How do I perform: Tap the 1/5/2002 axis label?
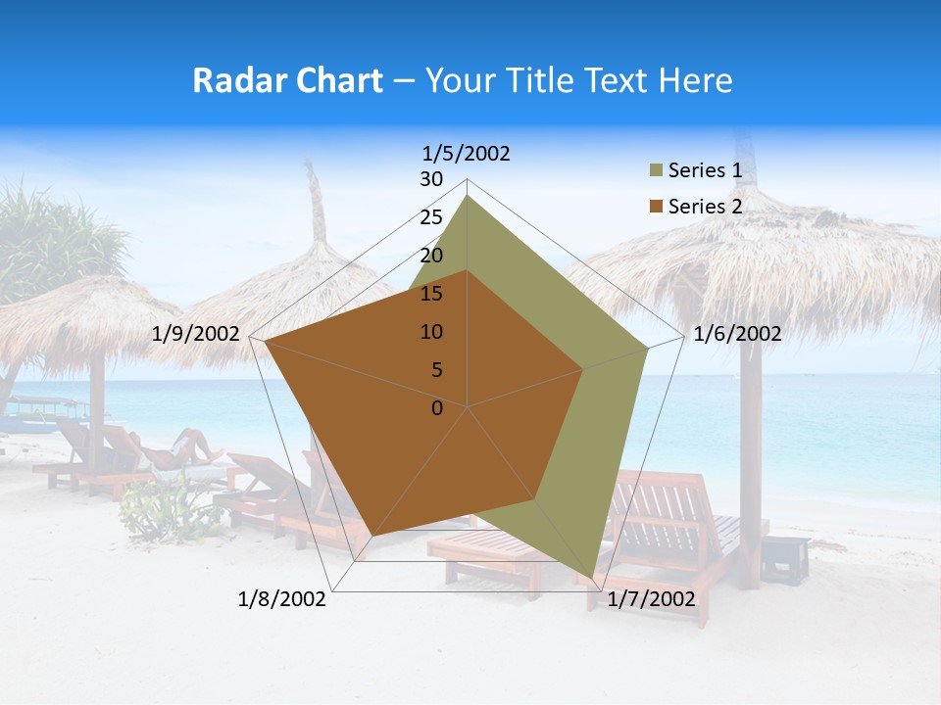(x=467, y=154)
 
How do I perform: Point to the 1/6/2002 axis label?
(x=737, y=334)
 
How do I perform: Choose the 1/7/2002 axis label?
(x=651, y=599)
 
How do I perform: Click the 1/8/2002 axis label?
(x=282, y=599)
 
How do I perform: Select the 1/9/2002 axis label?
(x=196, y=334)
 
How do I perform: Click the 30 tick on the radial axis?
(x=431, y=179)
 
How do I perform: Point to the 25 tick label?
(x=431, y=217)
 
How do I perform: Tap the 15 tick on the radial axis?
(x=431, y=294)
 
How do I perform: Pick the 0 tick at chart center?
(x=437, y=408)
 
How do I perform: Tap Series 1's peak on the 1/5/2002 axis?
(x=468, y=196)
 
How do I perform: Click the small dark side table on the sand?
(x=785, y=558)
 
